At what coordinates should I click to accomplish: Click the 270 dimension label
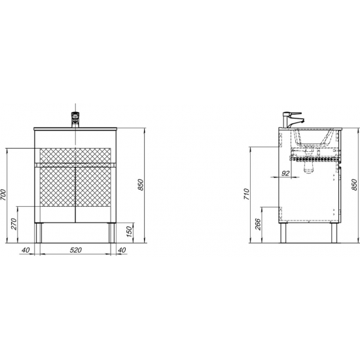click(x=14, y=224)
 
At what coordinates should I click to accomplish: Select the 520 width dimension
click(x=76, y=250)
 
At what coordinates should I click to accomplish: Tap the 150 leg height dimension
click(x=129, y=232)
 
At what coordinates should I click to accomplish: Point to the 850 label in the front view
click(x=140, y=185)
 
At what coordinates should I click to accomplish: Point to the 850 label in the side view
click(x=354, y=185)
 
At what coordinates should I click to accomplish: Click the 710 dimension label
click(x=247, y=194)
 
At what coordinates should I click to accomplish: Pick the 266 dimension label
click(x=258, y=224)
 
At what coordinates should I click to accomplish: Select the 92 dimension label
click(x=285, y=173)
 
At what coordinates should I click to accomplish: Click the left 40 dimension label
click(x=26, y=250)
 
